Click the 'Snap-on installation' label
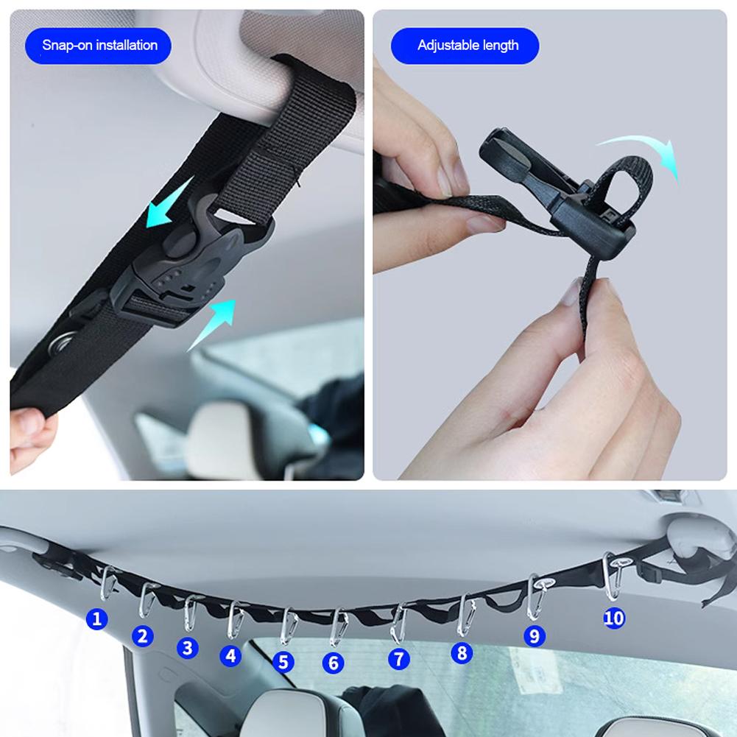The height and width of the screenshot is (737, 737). point(99,46)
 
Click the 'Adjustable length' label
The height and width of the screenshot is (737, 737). point(468,46)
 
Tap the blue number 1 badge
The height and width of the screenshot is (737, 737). point(96,619)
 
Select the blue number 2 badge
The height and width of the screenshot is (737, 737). point(144,635)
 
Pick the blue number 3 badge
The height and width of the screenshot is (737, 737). point(188,647)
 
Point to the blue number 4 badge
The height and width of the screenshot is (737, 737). point(231,655)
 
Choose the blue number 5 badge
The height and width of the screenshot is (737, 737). point(283,661)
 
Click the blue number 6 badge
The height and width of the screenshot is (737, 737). point(334,663)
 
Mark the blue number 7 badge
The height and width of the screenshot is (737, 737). point(398,658)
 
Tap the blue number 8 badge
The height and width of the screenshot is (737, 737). point(462,652)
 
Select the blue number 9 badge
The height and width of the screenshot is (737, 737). point(535,635)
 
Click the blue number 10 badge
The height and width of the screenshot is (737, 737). point(613,618)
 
